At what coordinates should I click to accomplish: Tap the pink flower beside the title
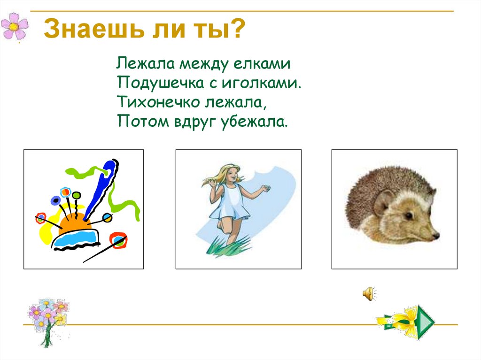click(x=15, y=27)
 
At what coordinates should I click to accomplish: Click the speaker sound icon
click(x=368, y=294)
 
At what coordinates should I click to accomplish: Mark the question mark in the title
click(x=238, y=30)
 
